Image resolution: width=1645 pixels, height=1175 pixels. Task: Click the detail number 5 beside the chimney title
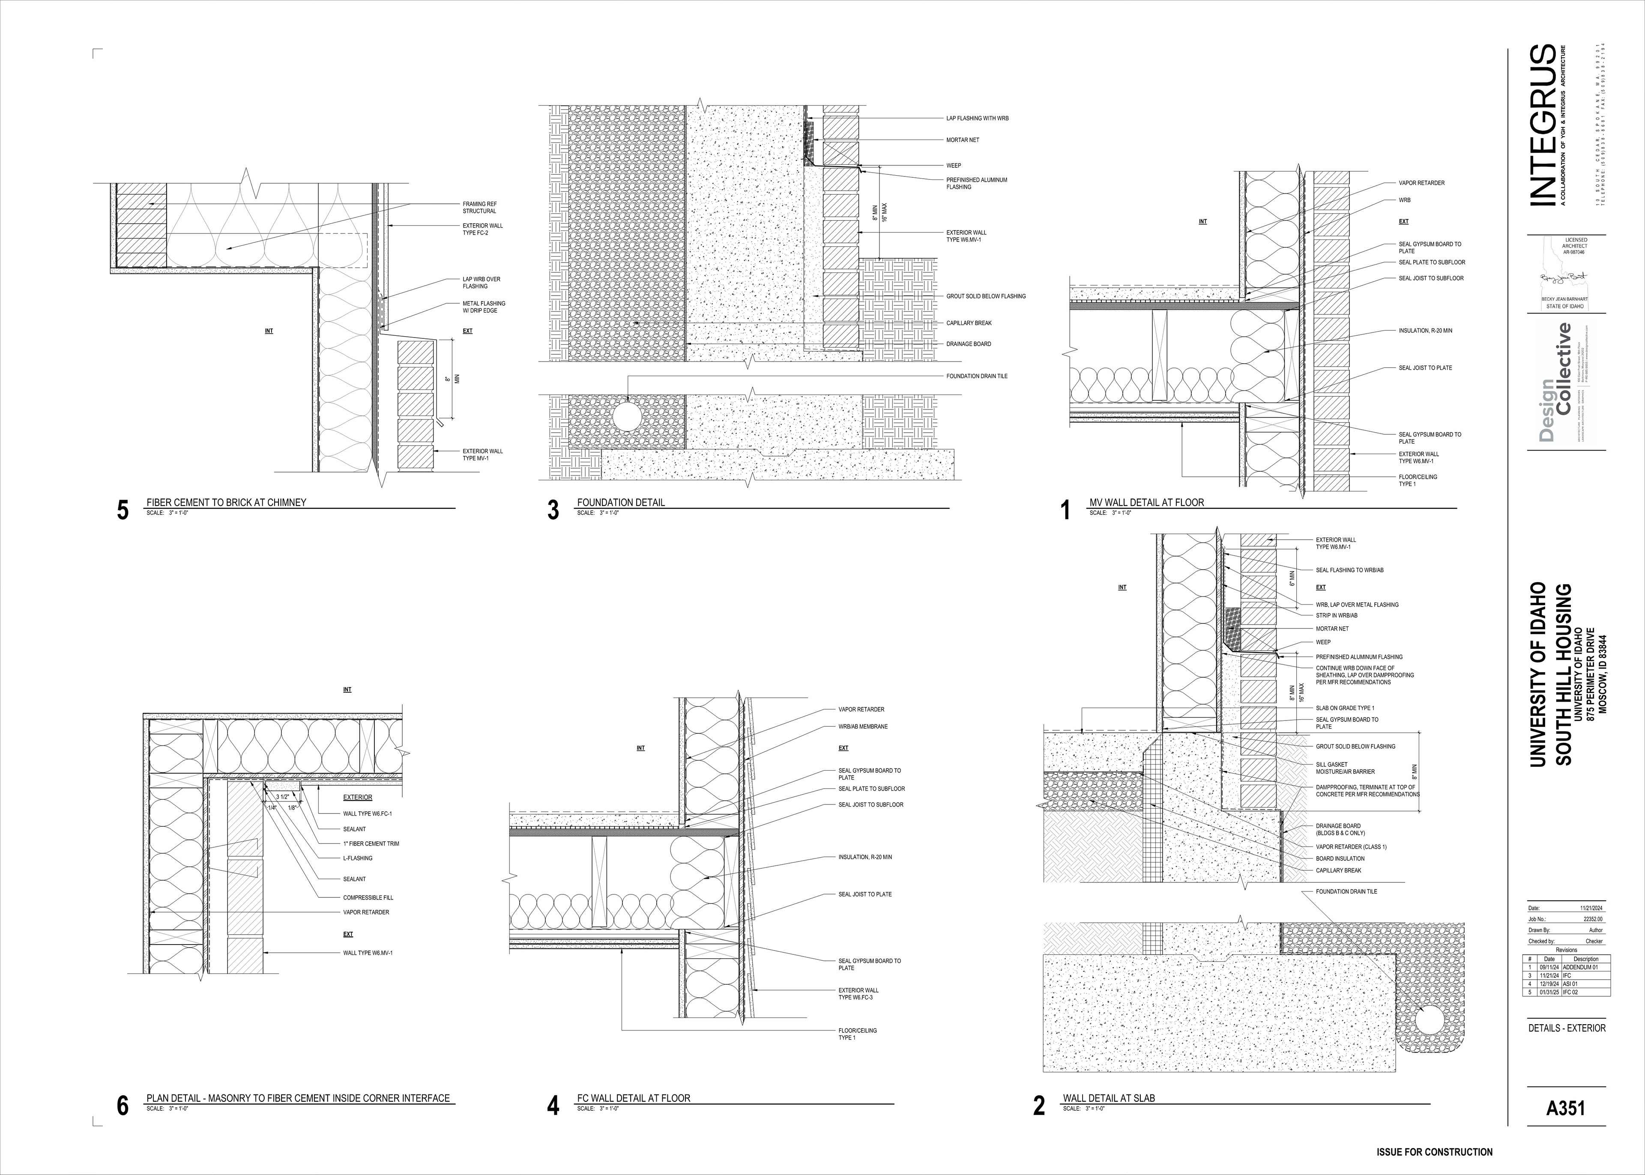(x=123, y=510)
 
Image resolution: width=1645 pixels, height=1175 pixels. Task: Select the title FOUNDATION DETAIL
(x=621, y=502)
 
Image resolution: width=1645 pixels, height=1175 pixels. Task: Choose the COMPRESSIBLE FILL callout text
(x=368, y=897)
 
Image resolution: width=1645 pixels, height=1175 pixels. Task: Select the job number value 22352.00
(x=1593, y=918)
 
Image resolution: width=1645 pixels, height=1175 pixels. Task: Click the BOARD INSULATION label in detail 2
(x=1340, y=858)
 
